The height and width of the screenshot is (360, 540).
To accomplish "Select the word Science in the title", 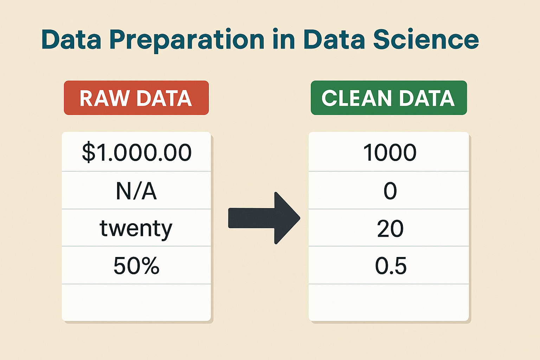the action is (426, 39).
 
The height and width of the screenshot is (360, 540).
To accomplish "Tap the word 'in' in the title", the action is (283, 39).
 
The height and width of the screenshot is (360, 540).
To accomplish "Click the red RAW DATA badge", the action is (136, 98).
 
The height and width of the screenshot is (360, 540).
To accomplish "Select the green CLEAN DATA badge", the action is (389, 98).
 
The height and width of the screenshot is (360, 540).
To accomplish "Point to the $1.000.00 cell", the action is (136, 152).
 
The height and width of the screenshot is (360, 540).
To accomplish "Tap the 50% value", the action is (136, 266).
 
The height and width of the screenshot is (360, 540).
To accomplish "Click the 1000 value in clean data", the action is (389, 152).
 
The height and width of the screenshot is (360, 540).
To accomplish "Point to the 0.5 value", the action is (391, 266).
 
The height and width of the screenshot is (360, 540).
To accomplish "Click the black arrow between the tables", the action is (264, 218).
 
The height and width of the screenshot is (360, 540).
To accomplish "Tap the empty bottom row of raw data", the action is (136, 302).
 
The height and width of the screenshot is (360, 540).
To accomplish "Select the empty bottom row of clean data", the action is (388, 302).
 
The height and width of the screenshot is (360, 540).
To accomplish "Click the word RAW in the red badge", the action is (104, 98).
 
